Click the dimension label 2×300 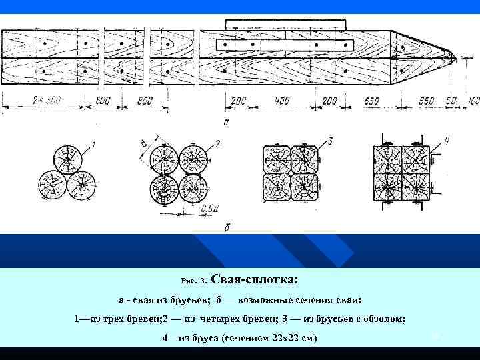46,101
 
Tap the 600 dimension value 102,101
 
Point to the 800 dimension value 145,101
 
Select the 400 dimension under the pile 281,101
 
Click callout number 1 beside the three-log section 94,144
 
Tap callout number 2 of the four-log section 217,144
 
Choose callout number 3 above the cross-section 329,141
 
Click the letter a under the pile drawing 227,122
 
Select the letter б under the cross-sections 229,227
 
